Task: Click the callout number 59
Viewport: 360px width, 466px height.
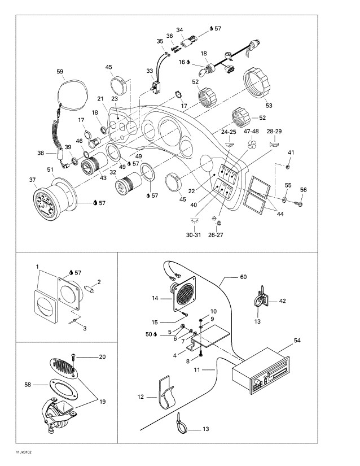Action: point(60,71)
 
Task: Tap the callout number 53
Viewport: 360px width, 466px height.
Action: point(268,106)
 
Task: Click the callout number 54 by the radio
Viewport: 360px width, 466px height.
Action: point(297,341)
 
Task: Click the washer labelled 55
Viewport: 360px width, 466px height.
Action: point(284,199)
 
